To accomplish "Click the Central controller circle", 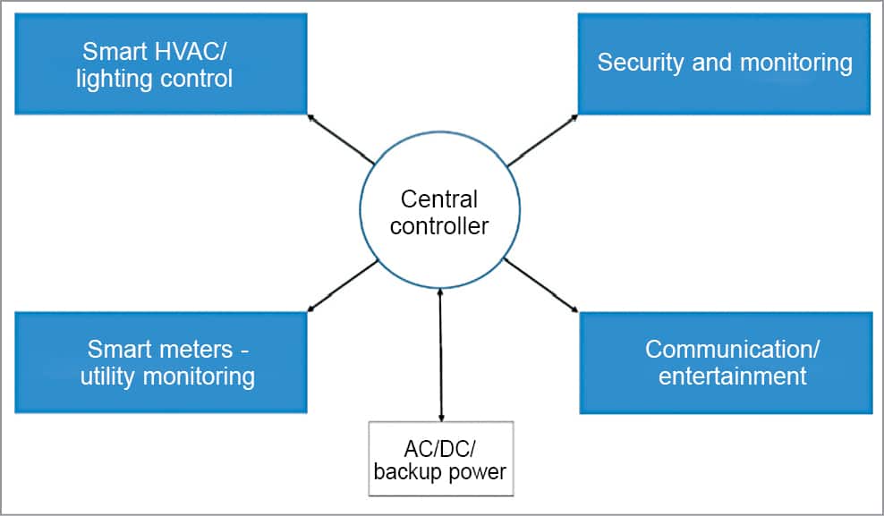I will (438, 211).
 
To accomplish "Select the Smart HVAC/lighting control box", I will (161, 63).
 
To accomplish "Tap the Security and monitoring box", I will (725, 63).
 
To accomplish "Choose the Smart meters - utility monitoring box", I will (161, 362).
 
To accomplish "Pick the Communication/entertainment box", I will (726, 362).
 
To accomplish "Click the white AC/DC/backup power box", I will (441, 458).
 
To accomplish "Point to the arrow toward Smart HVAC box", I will (340, 139).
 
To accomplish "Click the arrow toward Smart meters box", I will (341, 286).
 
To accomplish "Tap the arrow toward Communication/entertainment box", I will (540, 285).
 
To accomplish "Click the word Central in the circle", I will (439, 199).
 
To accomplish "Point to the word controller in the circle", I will (439, 225).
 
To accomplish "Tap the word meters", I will (191, 349).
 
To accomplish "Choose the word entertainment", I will (733, 376).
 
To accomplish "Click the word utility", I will (110, 376).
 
